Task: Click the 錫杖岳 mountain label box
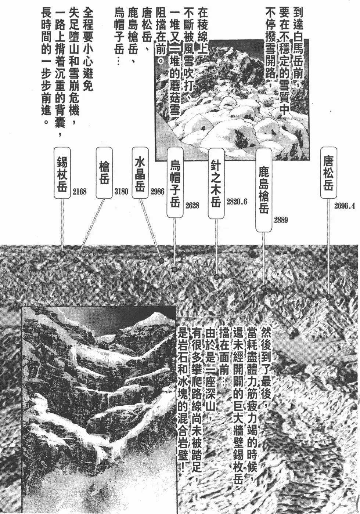(x=62, y=173)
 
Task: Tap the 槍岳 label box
(x=104, y=173)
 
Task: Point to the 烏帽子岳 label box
(x=175, y=182)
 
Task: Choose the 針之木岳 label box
(x=216, y=183)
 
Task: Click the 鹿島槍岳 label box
(x=264, y=189)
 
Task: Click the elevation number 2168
(x=79, y=191)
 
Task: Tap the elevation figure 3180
(x=121, y=191)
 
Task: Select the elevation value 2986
(x=157, y=191)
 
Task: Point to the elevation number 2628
(x=192, y=206)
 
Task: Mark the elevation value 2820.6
(x=237, y=202)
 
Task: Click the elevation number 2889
(x=281, y=220)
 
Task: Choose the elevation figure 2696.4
(x=345, y=206)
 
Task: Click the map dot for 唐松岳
(x=328, y=297)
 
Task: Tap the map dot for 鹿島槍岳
(x=263, y=288)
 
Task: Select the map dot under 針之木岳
(x=216, y=277)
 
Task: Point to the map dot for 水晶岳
(x=161, y=261)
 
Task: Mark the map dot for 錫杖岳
(x=62, y=254)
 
